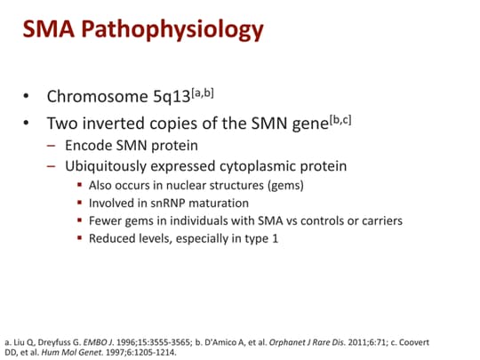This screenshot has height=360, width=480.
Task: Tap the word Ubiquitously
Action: tap(111, 167)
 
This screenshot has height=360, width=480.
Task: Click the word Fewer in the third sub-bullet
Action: tap(108, 220)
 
